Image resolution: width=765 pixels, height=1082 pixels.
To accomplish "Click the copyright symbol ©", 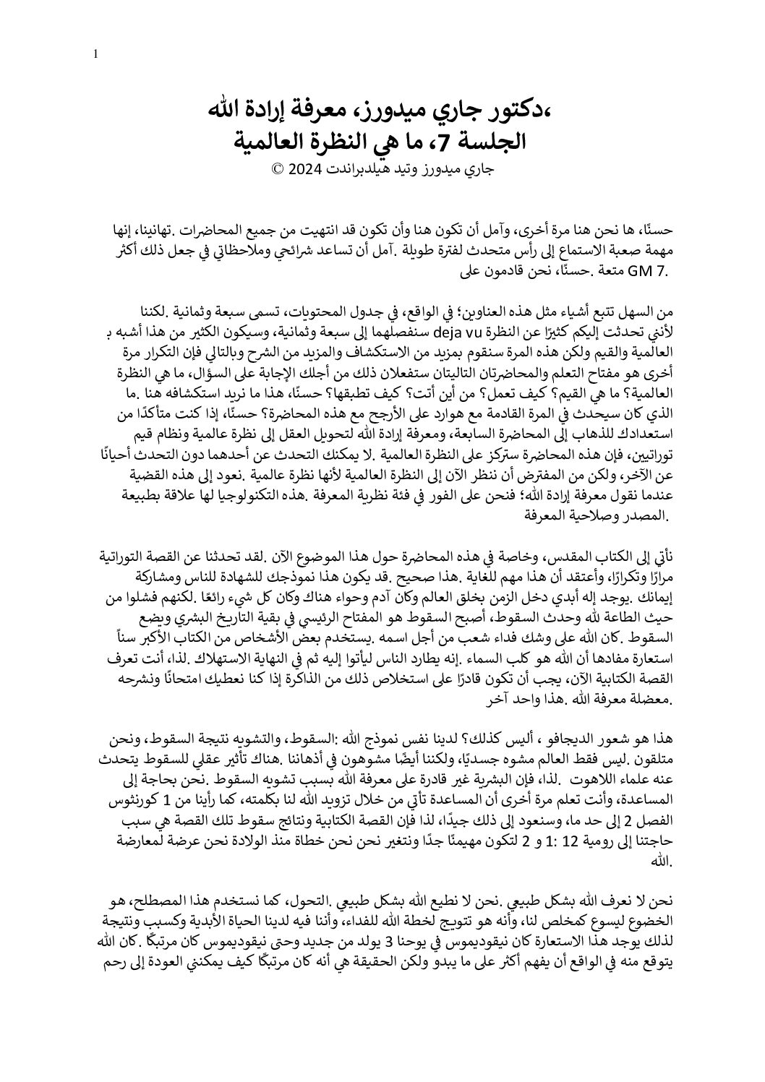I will coord(278,171).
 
